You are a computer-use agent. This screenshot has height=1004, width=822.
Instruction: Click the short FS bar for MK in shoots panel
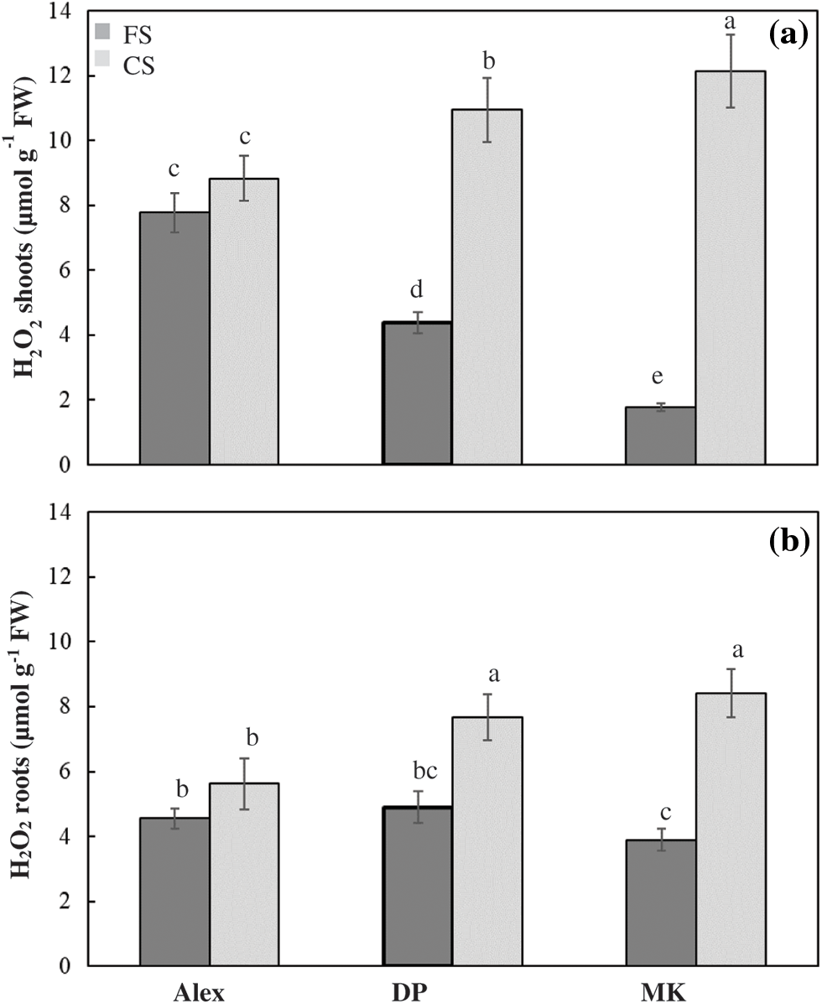click(x=660, y=435)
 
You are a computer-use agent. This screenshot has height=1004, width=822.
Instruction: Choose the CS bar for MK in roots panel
click(x=730, y=830)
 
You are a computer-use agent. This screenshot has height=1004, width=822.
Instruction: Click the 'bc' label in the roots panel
click(x=417, y=769)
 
